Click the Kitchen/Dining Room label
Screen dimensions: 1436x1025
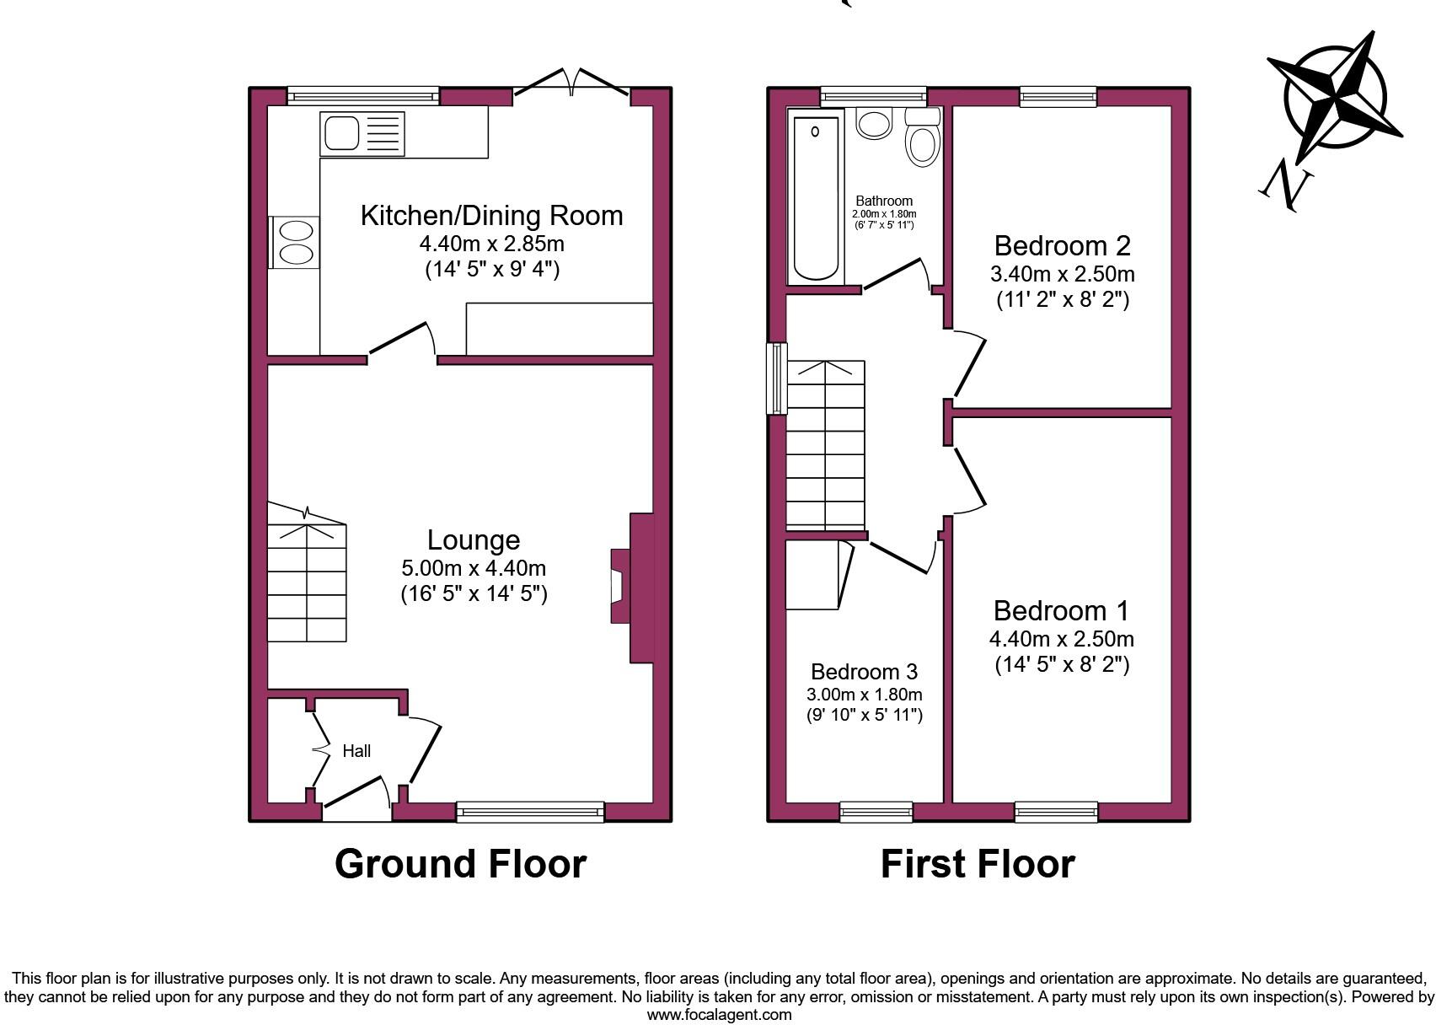click(x=491, y=216)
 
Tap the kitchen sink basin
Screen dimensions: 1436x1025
click(x=341, y=133)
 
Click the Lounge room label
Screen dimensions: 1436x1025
click(x=474, y=540)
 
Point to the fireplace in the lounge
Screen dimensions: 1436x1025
click(x=631, y=588)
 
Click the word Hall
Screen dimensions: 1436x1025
click(x=356, y=750)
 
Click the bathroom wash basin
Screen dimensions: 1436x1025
click(x=874, y=123)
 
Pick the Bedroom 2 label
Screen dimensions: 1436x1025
click(x=1063, y=245)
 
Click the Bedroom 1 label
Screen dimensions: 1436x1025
click(x=1061, y=610)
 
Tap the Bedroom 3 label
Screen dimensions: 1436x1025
click(x=864, y=672)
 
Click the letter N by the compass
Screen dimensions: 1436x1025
click(x=1285, y=187)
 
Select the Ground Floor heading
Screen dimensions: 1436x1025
click(x=460, y=863)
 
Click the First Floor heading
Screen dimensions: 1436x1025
click(x=978, y=863)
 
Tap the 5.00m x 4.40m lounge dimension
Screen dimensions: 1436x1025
click(x=474, y=567)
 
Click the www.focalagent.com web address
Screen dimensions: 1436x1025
click(x=720, y=1015)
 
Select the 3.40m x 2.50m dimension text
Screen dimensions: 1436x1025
click(x=1063, y=274)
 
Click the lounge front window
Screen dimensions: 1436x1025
click(x=530, y=812)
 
